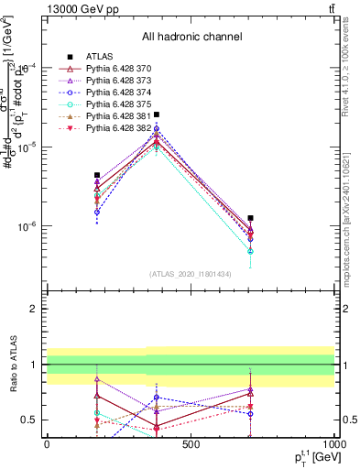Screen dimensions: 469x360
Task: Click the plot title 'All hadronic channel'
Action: [191, 37]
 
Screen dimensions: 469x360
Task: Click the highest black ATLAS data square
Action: [157, 115]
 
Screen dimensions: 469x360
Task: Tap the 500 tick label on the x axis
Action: [191, 444]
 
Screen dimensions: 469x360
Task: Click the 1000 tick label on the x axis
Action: [333, 444]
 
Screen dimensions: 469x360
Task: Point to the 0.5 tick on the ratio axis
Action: [33, 420]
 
